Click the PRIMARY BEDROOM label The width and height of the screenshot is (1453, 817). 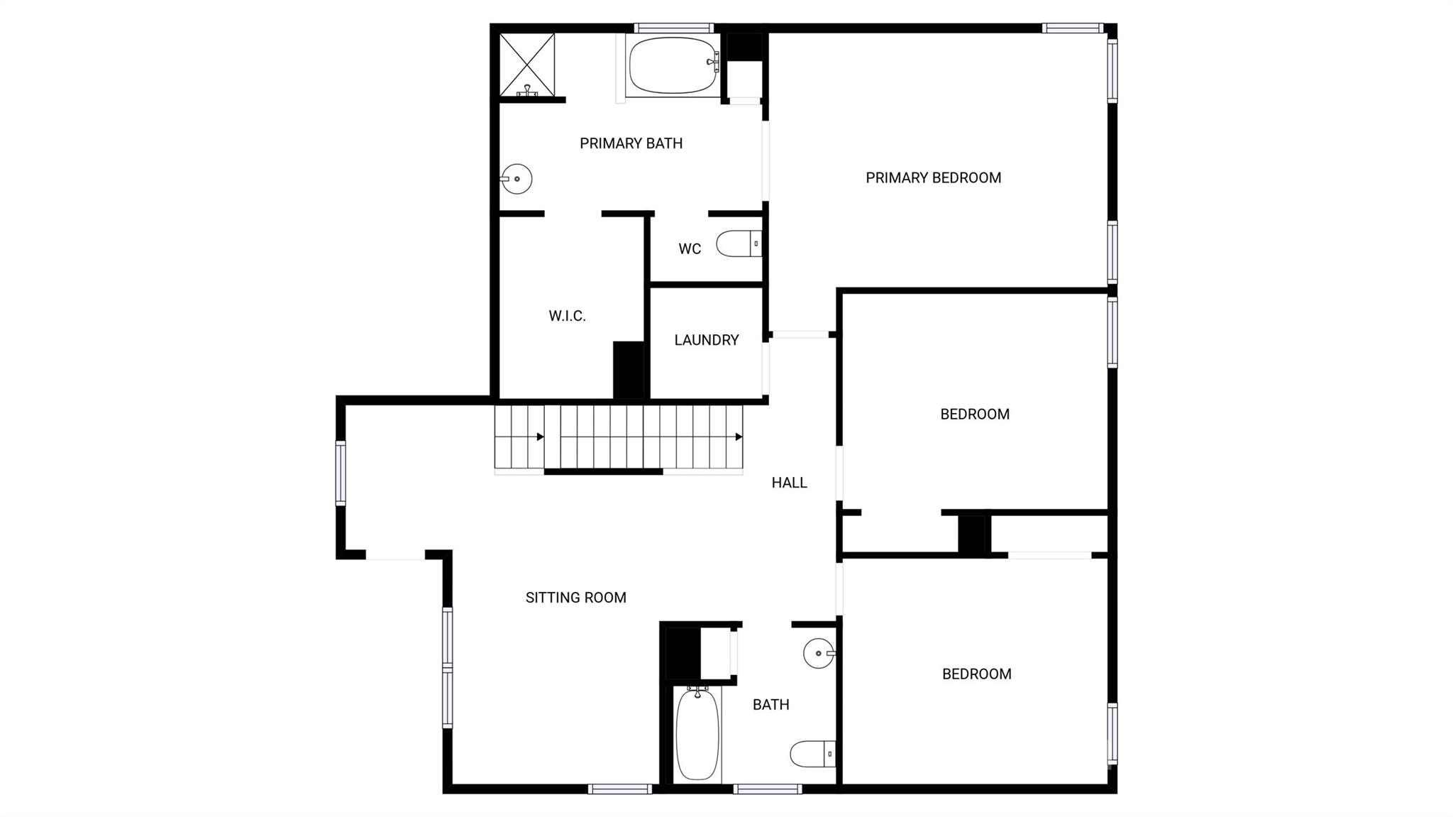point(933,177)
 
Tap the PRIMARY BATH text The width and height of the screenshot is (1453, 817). point(631,143)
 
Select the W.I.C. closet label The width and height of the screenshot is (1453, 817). point(567,316)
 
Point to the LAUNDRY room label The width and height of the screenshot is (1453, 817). point(706,340)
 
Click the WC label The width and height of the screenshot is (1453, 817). point(690,249)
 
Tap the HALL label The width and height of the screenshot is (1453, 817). point(789,483)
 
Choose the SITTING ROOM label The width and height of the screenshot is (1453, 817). point(575,598)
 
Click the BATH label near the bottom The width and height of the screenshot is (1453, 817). point(770,704)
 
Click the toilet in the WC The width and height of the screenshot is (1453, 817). point(739,243)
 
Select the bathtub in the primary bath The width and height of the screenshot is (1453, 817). point(673,65)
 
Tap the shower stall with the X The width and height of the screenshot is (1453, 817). point(527,64)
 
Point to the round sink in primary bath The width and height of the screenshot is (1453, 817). point(517,179)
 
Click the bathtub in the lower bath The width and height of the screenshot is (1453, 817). point(697,734)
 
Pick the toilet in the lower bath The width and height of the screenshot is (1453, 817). point(812,754)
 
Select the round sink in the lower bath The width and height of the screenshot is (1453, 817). point(819,653)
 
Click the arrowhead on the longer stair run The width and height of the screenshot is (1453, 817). point(739,437)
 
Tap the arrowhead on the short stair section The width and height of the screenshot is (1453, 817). point(540,437)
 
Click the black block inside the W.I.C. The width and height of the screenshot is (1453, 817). point(628,370)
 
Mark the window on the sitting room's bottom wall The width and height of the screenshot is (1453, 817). point(619,789)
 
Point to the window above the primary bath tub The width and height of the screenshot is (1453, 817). point(673,28)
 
